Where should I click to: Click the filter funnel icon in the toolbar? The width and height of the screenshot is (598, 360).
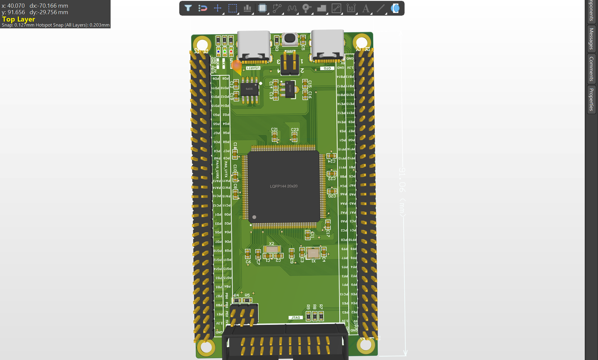(x=188, y=8)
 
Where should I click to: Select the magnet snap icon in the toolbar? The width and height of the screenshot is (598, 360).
(x=203, y=8)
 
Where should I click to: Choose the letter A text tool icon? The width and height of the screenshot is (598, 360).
(x=366, y=8)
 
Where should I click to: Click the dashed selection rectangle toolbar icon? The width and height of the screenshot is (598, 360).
(x=232, y=8)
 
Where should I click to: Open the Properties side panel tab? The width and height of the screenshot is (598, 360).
(x=591, y=99)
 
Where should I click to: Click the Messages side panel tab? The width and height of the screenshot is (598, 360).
(x=591, y=39)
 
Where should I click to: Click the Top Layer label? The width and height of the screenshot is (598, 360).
(x=19, y=20)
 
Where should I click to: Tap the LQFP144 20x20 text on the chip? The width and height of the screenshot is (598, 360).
(x=284, y=186)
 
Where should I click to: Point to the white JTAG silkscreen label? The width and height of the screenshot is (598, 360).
(x=296, y=317)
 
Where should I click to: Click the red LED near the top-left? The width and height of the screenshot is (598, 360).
(x=231, y=51)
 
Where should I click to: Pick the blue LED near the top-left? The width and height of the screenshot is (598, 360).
(x=218, y=51)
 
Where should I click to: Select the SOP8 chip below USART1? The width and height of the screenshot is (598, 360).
(x=249, y=89)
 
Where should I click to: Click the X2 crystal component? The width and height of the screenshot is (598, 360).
(x=271, y=249)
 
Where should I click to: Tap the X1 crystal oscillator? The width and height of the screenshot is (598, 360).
(x=313, y=253)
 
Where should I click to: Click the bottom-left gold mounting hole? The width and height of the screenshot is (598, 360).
(x=205, y=347)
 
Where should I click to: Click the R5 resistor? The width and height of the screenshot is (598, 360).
(x=247, y=300)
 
